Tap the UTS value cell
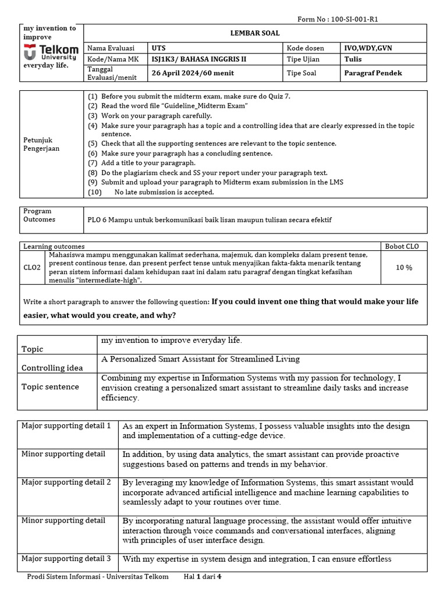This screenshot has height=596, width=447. point(158,48)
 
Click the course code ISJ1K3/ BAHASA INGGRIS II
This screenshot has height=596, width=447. point(197,59)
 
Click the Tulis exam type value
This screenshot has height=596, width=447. point(353,59)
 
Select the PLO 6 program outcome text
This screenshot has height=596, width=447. point(210,219)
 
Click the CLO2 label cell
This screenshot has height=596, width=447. point(32,267)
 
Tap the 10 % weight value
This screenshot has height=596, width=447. point(403,267)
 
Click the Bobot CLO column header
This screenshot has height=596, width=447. point(403,246)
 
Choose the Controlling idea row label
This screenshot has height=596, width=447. point(52,368)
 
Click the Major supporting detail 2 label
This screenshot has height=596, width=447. point(66,482)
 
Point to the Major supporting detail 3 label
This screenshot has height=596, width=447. point(66,558)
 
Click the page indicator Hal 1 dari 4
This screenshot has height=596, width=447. point(203,577)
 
